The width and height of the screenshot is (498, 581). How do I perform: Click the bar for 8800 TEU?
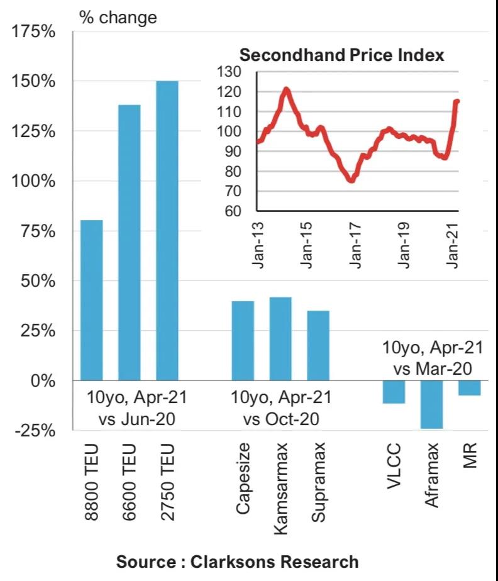pos(92,300)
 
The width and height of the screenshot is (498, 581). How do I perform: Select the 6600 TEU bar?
pos(130,242)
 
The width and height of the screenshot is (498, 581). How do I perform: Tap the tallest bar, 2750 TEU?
pos(167,230)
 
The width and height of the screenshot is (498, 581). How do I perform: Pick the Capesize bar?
pos(243,341)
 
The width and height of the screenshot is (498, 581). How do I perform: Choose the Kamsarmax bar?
pos(280,338)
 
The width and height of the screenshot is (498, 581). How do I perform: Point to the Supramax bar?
pos(318,345)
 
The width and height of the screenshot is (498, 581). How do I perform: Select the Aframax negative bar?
pos(431,404)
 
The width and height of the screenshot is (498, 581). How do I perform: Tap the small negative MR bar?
pos(469,388)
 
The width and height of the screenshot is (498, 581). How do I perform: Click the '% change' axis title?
pos(118,17)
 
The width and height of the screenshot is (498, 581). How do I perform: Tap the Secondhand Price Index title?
pos(342,55)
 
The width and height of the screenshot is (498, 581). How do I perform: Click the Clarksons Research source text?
pos(238,562)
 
